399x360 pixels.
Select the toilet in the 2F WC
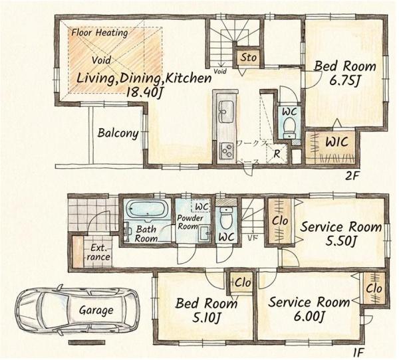(x=289, y=128)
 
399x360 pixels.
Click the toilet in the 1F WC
(x=225, y=219)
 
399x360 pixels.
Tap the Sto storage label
(x=248, y=58)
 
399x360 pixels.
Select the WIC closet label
(x=336, y=142)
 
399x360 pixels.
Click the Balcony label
(x=118, y=134)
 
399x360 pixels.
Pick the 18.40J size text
(x=144, y=92)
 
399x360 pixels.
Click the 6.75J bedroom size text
(x=344, y=81)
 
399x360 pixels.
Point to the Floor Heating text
(x=100, y=33)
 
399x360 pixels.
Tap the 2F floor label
(x=352, y=176)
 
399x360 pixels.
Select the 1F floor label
(x=359, y=353)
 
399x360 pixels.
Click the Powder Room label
(x=190, y=222)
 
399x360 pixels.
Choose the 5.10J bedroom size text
(x=206, y=317)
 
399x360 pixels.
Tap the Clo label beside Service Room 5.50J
(x=280, y=221)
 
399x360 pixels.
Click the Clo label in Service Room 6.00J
(x=374, y=288)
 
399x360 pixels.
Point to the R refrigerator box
(x=277, y=154)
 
